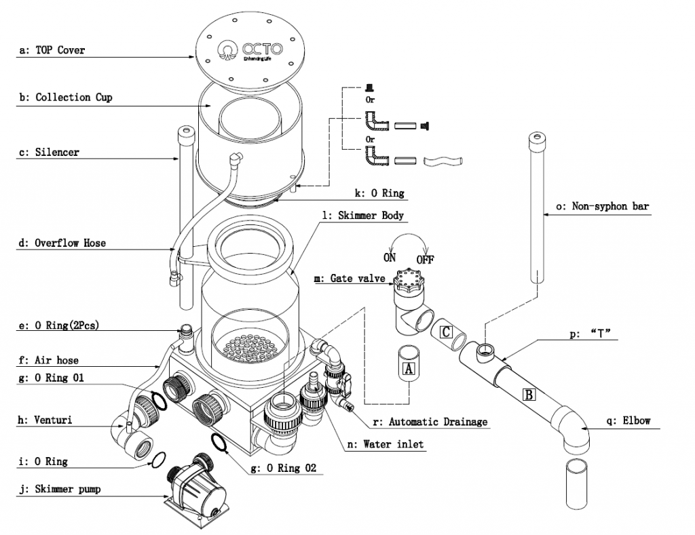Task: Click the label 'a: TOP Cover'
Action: [x=52, y=50]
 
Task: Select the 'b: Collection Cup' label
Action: [x=65, y=98]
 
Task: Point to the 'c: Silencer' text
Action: [x=49, y=153]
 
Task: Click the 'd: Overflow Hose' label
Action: [x=62, y=242]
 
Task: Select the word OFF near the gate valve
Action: [x=425, y=260]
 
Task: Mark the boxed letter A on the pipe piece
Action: [x=408, y=369]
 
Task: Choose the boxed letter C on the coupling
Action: [x=446, y=332]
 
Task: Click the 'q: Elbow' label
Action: [x=628, y=420]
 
